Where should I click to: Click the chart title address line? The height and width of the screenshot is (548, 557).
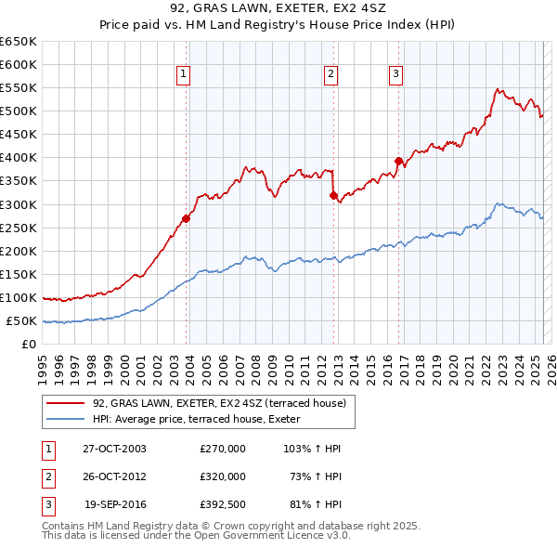point(278,9)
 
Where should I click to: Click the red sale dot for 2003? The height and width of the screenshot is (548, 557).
point(187,218)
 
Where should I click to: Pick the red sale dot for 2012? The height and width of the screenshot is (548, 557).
point(333,195)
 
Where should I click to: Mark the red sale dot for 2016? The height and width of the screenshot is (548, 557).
point(398,161)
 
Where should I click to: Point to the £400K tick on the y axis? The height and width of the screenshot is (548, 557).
point(19,157)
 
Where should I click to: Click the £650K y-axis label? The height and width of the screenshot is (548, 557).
point(19,42)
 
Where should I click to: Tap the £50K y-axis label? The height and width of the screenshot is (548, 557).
point(22,320)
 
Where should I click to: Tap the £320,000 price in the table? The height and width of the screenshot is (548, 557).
point(223,476)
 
